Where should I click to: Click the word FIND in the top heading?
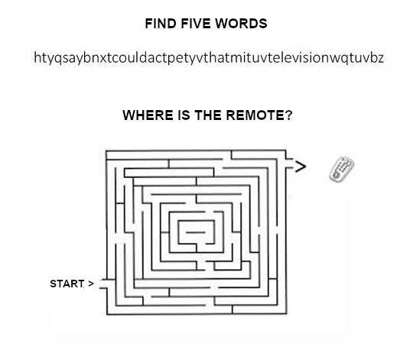(x=161, y=24)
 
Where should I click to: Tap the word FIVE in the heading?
(x=196, y=24)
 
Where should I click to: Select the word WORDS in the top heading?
(x=241, y=24)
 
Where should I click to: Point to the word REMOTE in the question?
(x=255, y=115)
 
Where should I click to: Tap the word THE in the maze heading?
(x=208, y=115)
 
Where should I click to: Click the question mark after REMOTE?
(x=288, y=115)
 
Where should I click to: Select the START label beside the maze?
(x=67, y=284)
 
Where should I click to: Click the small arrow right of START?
(x=91, y=284)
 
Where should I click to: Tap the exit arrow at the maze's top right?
(x=301, y=167)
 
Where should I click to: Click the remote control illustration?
(x=342, y=169)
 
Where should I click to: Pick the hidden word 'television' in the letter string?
(x=295, y=58)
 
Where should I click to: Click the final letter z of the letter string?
(x=380, y=58)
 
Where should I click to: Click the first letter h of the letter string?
(x=37, y=57)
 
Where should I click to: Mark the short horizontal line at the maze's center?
(x=196, y=232)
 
